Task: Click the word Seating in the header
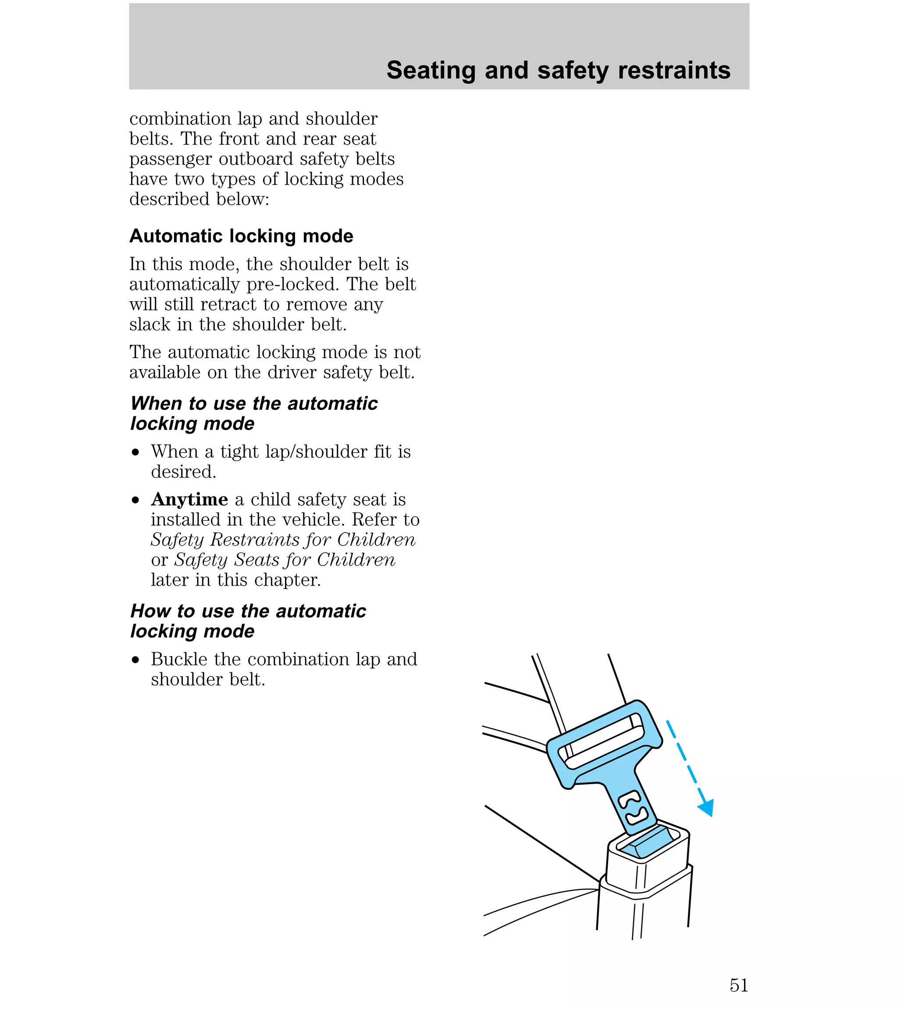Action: point(430,70)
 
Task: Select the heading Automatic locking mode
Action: point(241,236)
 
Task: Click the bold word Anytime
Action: point(189,499)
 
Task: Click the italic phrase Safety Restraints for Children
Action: point(283,540)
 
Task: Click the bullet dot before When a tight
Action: point(135,453)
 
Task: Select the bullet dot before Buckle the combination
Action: point(135,661)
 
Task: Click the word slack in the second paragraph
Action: point(150,324)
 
